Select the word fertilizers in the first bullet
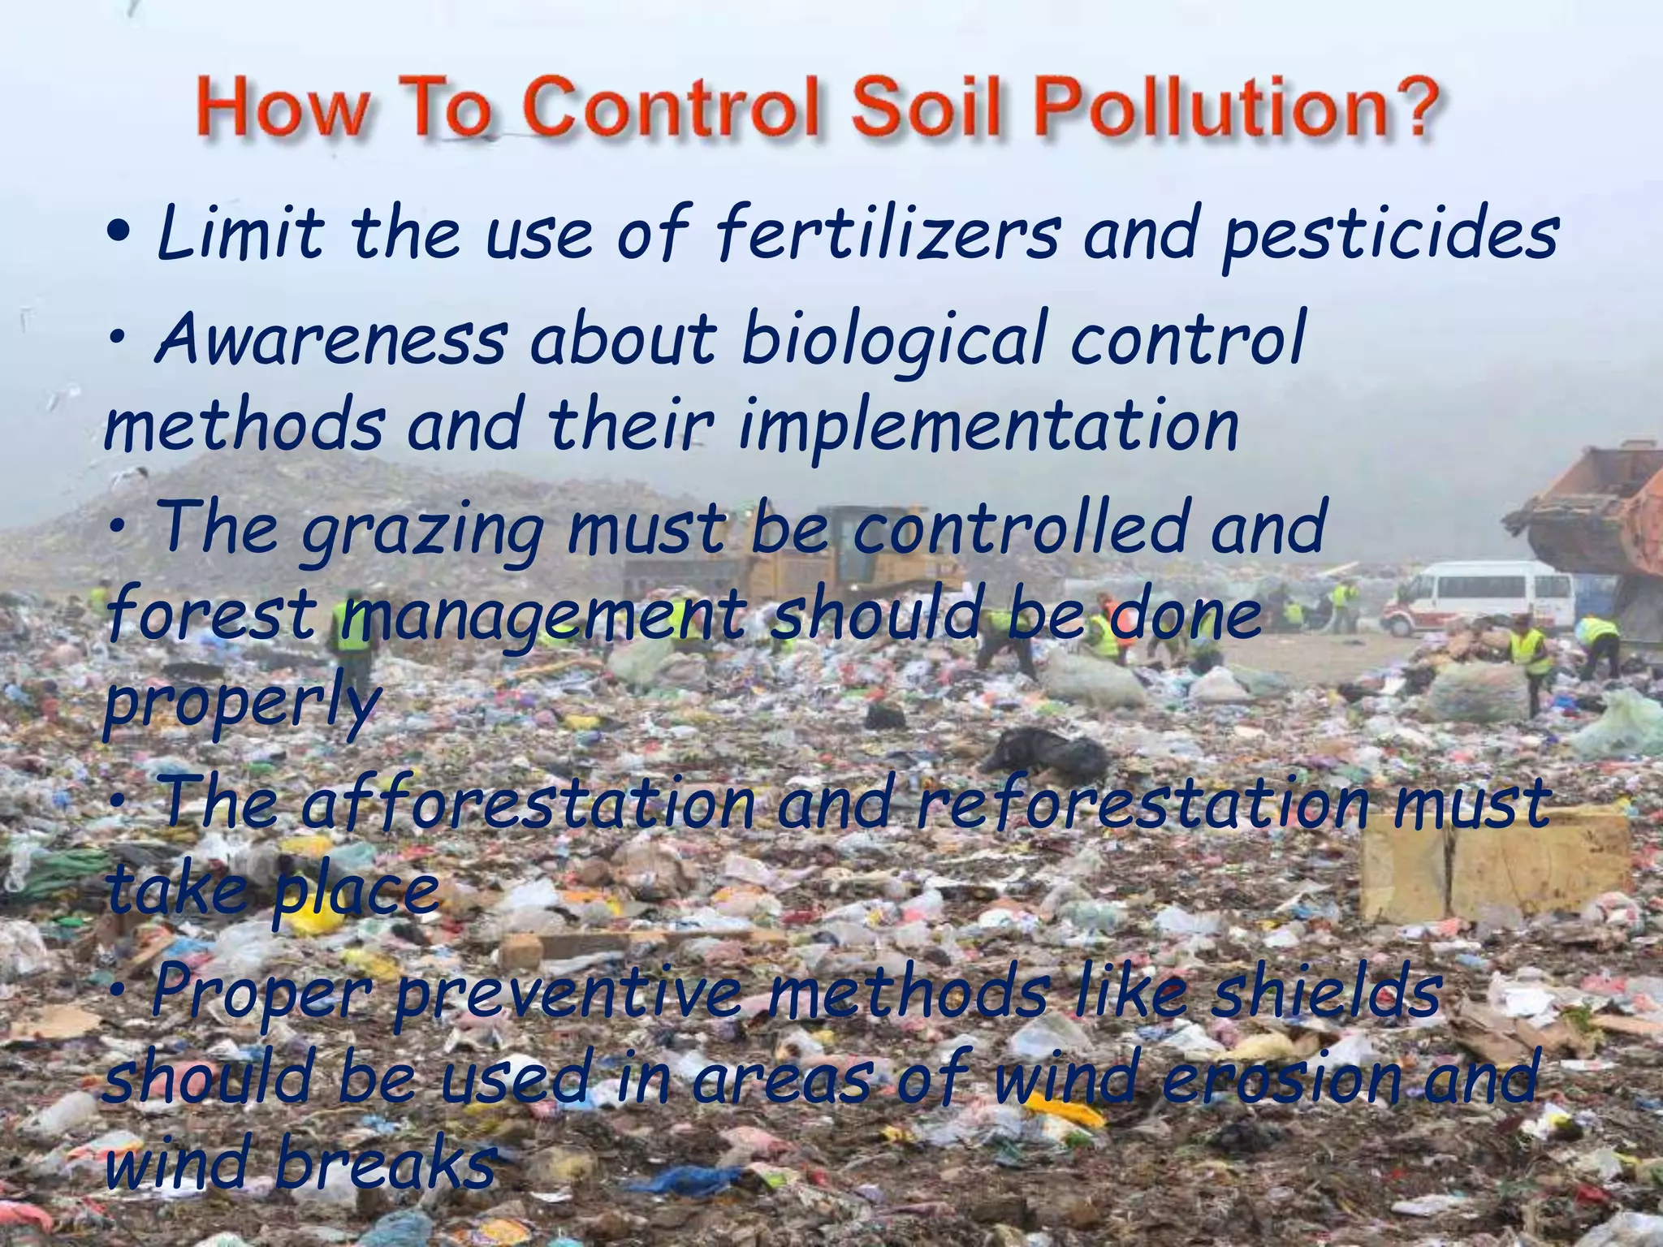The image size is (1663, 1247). click(888, 235)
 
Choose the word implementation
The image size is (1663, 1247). click(988, 429)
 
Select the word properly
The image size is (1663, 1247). click(242, 703)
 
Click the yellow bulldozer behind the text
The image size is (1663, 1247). click(812, 552)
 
